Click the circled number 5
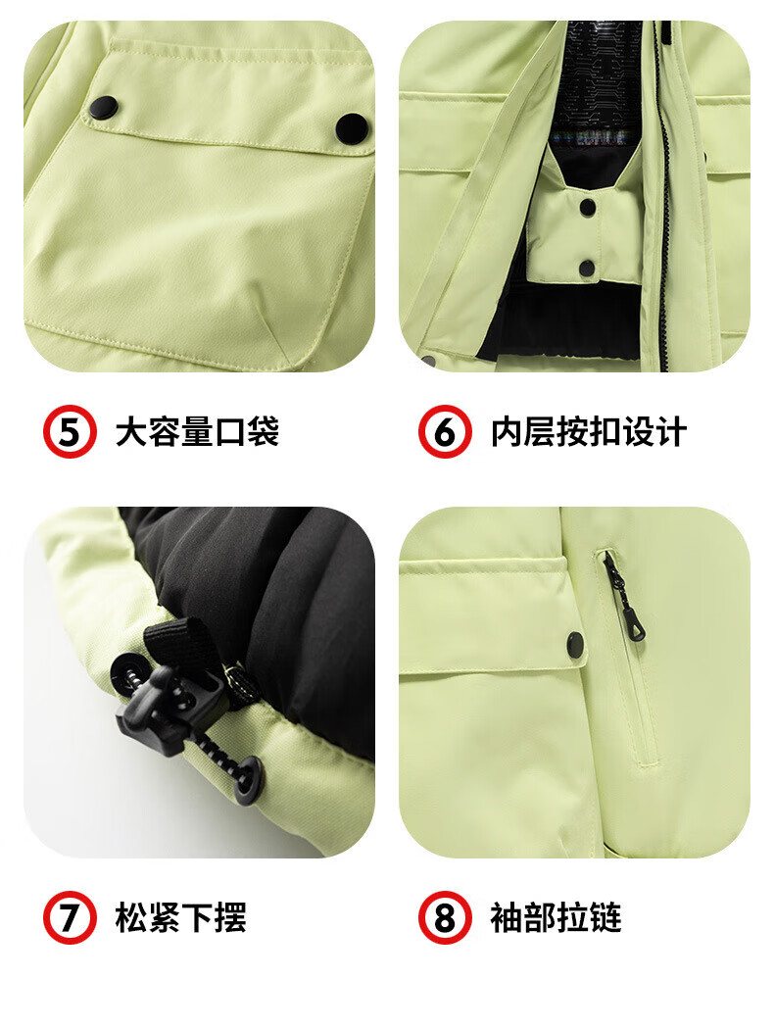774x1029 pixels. click(x=70, y=432)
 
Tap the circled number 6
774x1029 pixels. click(x=446, y=432)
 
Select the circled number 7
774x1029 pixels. click(x=70, y=917)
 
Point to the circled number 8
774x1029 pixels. click(x=446, y=917)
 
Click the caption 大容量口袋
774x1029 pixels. click(x=198, y=432)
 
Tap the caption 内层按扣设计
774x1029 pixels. click(x=589, y=432)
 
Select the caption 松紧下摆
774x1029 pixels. click(x=181, y=917)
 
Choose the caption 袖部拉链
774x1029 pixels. click(x=556, y=917)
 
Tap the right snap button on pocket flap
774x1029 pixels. click(x=352, y=128)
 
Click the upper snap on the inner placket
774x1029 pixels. click(x=588, y=208)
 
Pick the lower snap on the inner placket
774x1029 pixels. click(x=587, y=268)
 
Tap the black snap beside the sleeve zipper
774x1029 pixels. click(x=576, y=645)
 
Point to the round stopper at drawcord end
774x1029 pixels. click(x=247, y=780)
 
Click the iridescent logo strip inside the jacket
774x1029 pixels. click(x=581, y=138)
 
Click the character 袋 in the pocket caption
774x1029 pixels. click(x=263, y=432)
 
